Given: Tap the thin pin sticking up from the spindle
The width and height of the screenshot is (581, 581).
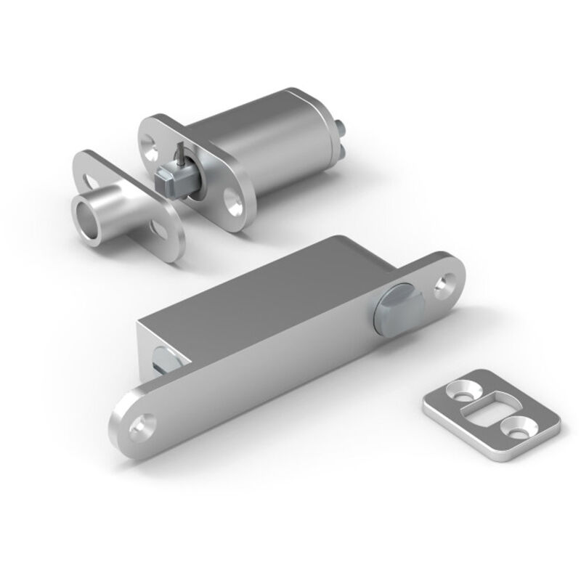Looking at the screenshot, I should tap(179, 153).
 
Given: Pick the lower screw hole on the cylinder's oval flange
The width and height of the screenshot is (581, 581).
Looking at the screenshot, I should tap(235, 203).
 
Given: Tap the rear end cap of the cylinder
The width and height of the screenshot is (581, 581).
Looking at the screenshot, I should tap(320, 131).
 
